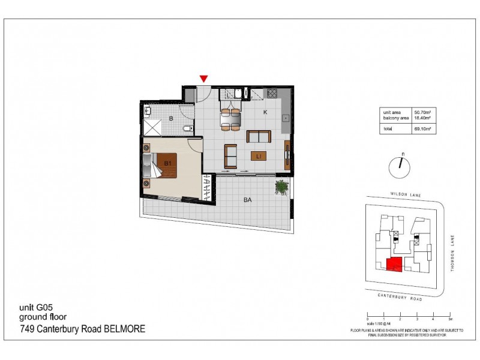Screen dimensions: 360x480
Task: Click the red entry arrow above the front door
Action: click(x=204, y=79)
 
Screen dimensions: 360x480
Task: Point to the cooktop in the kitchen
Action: click(x=272, y=93)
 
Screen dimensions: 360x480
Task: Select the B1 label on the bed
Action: click(x=169, y=163)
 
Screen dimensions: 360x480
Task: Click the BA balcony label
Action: click(x=247, y=202)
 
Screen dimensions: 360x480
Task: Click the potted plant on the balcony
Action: click(x=280, y=187)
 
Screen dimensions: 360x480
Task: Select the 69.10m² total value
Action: click(x=424, y=128)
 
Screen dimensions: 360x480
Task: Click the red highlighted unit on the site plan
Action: click(x=394, y=264)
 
